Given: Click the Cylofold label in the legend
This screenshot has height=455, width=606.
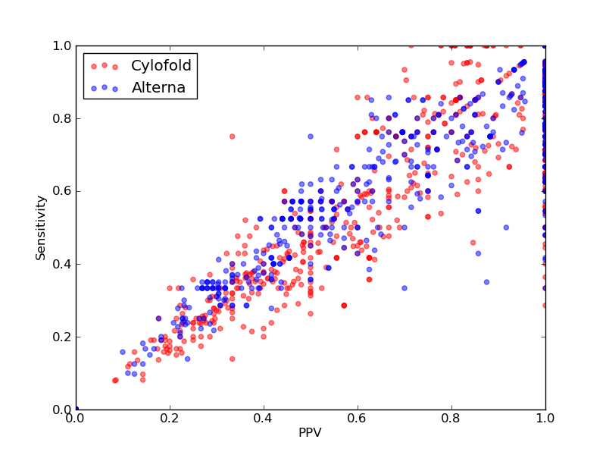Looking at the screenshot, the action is click(161, 65).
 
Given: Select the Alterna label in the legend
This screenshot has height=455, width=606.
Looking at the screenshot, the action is click(158, 87).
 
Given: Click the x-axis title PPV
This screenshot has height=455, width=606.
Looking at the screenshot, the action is click(310, 432).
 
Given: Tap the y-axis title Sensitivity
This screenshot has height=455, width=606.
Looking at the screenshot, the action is click(41, 228).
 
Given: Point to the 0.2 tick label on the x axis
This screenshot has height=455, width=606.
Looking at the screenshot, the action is click(170, 419).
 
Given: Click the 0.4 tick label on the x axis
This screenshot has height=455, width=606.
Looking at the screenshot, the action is click(264, 419).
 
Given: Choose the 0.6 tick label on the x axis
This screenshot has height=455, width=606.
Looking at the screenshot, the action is click(358, 419).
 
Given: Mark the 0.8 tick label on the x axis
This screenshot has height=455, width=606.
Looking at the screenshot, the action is click(451, 419).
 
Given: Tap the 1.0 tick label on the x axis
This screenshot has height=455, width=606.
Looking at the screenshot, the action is click(545, 419).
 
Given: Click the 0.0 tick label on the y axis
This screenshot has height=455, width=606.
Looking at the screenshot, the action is click(62, 409).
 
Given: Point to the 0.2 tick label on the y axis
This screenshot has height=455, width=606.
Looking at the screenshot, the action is click(62, 337).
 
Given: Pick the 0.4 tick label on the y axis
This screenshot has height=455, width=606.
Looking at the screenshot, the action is click(62, 264).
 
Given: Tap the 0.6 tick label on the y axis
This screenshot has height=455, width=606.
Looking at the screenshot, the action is click(62, 191).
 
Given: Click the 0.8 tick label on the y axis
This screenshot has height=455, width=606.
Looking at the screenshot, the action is click(62, 118).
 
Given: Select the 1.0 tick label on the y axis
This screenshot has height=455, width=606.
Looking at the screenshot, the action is click(62, 45).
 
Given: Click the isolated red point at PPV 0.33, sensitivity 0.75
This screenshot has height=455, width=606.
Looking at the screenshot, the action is click(233, 136).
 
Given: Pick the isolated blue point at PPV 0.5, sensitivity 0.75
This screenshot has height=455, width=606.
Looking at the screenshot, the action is click(311, 136).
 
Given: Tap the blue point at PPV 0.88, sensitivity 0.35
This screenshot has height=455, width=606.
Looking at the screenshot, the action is click(486, 282).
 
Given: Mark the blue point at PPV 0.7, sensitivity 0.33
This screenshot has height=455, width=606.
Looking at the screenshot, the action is click(405, 288).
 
